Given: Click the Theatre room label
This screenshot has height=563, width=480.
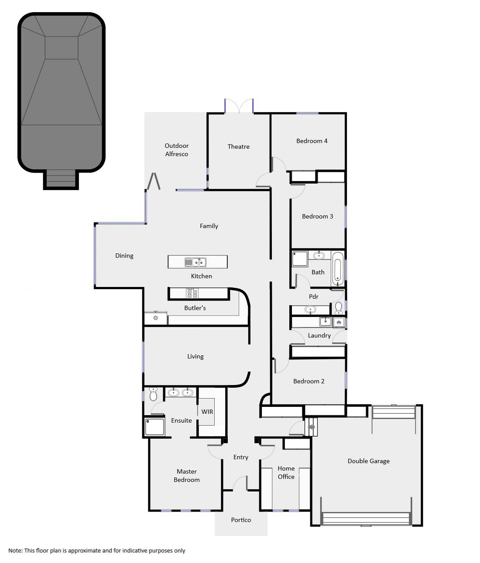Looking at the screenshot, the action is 239,147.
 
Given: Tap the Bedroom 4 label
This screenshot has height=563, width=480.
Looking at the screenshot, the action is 312,141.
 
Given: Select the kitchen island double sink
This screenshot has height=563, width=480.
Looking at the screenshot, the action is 195,262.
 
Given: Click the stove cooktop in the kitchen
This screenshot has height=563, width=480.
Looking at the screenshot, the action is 192,293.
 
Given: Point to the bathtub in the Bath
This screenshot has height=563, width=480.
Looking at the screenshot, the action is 337,269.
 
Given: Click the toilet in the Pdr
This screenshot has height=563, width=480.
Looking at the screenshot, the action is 339,308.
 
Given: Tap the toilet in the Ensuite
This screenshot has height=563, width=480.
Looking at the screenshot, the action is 154,394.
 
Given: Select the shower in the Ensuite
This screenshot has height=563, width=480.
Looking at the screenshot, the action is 154,427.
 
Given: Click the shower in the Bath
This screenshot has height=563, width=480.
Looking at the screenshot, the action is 300,259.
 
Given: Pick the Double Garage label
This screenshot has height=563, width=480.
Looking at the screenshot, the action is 369,461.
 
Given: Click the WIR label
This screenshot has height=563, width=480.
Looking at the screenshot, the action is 207,412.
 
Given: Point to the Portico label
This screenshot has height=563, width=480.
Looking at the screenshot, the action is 241,520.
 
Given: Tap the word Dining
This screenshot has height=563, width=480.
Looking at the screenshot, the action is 124,256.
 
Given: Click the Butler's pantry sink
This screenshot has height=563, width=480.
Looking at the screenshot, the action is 156,317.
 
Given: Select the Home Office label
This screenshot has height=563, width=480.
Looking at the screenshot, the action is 286,472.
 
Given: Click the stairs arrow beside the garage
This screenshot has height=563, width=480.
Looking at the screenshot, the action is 311,427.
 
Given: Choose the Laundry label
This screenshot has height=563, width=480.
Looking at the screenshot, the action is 319,335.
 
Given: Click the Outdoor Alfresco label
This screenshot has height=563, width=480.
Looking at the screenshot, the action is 177,150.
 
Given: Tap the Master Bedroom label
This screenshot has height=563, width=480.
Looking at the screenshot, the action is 187,475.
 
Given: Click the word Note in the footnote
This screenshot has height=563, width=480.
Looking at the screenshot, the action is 15,550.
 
